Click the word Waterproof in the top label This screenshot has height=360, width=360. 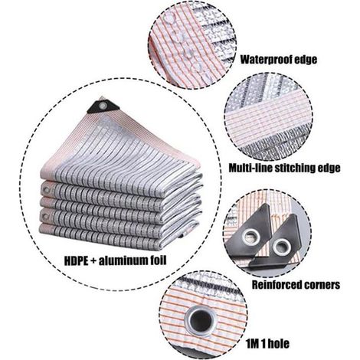267,60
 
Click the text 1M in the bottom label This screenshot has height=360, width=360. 253,344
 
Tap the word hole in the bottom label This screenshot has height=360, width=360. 280,344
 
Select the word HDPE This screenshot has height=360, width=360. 76,261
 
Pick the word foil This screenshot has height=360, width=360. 158,260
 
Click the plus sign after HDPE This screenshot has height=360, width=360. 93,261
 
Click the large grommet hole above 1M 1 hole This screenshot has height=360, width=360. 201,322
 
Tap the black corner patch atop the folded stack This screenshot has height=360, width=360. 103,106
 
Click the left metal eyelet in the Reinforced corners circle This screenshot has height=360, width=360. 251,237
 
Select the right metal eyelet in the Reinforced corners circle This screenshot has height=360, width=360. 282,247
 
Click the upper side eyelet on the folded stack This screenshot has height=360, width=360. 47,190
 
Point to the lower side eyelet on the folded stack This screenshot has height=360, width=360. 45,218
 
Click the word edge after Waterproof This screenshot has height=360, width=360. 306,61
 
